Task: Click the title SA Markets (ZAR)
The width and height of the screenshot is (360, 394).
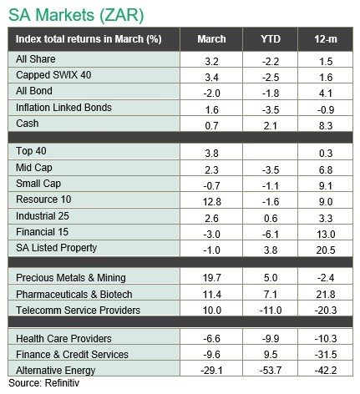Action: click(76, 15)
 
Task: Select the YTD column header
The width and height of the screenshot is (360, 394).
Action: click(271, 39)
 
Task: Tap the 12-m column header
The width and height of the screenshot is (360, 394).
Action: click(326, 39)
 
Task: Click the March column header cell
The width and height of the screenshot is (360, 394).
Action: click(211, 39)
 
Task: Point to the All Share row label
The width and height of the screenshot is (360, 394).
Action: click(36, 59)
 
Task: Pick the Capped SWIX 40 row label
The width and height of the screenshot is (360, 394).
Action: click(53, 75)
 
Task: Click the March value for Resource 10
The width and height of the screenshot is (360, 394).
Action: click(212, 201)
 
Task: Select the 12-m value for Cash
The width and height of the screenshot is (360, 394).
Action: click(326, 126)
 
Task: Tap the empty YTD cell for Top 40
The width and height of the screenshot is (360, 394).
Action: click(271, 151)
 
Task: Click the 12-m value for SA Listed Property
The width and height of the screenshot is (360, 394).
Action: click(326, 250)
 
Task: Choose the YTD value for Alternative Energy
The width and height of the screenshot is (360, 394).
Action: click(271, 371)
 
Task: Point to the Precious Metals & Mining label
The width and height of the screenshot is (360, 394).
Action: click(71, 278)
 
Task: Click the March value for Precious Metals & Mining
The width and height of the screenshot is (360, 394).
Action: click(212, 278)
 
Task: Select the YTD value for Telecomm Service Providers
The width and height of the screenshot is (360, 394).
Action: click(271, 310)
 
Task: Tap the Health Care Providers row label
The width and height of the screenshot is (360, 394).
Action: click(63, 339)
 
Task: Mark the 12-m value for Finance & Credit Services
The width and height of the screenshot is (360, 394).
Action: click(326, 355)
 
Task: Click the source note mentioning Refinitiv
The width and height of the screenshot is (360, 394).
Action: click(44, 383)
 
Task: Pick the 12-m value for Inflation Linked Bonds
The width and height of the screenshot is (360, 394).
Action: click(326, 110)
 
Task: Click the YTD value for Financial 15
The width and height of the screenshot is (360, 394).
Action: click(271, 235)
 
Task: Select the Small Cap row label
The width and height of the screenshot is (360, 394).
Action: click(38, 184)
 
